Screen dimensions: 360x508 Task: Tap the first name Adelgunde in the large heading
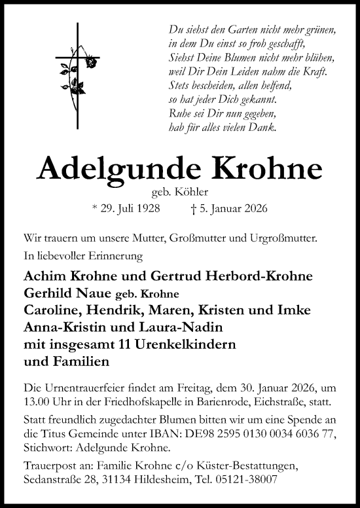point(111,169)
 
